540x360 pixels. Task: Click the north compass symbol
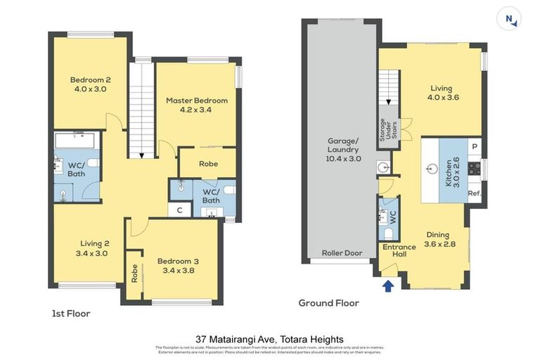coord(509,19)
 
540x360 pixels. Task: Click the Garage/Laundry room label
coord(343,154)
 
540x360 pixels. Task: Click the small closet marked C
coord(180,210)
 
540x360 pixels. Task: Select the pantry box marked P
coord(475,146)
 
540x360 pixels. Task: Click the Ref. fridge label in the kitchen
coord(474,193)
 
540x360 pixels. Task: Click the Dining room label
coord(440,240)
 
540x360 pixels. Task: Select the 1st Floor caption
coord(71,314)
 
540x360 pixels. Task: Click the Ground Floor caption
coord(329,303)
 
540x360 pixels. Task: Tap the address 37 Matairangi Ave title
coord(269,339)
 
